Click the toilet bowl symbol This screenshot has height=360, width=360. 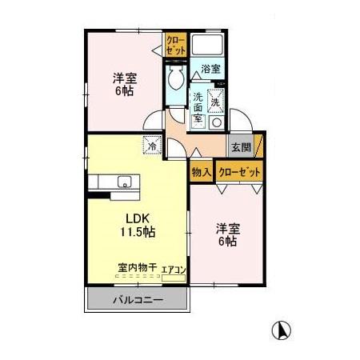tap(175, 78)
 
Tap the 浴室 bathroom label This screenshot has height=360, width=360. tap(210, 69)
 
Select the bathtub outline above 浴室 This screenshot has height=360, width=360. tap(209, 45)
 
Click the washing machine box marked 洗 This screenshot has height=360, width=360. tap(215, 102)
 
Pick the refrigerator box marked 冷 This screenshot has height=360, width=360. tap(151, 146)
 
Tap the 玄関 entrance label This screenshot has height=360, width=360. tap(240, 147)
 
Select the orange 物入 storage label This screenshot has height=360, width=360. tap(202, 170)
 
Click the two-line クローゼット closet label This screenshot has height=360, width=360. tap(175, 46)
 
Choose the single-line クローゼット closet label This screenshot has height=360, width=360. tap(238, 171)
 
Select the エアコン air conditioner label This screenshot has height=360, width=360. tap(174, 270)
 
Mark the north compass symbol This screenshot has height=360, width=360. tap(281, 328)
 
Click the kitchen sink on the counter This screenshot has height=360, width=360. tap(122, 182)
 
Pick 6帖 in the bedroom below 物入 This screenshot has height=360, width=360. tap(226, 241)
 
